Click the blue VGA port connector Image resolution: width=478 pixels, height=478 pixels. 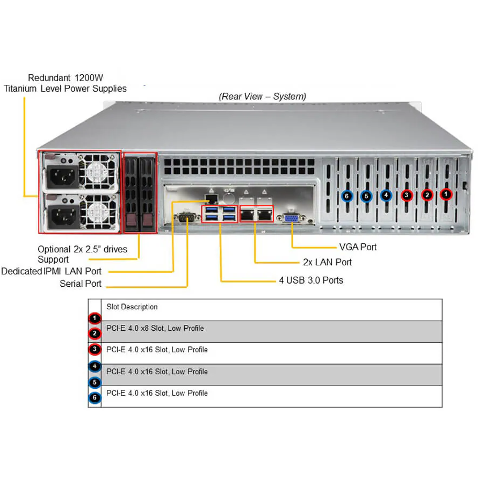[292, 218]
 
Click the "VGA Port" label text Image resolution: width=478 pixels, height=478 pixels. [358, 247]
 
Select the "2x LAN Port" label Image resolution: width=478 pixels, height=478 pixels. [328, 262]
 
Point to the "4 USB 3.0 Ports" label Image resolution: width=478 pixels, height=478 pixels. [311, 280]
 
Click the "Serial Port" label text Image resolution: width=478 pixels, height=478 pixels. [81, 284]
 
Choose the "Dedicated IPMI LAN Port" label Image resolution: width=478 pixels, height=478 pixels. [51, 271]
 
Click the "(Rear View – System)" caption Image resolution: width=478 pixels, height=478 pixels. [262, 96]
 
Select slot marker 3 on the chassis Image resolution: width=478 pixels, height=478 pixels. [407, 195]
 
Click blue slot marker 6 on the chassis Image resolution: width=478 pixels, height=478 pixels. [347, 196]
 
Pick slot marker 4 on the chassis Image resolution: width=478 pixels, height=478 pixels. [386, 195]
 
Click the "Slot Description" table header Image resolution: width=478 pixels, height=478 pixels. [132, 307]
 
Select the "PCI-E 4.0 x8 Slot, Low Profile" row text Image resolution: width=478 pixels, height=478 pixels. [155, 328]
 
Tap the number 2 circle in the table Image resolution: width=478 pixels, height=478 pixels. [95, 334]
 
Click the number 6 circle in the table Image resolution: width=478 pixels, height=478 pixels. [95, 398]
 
